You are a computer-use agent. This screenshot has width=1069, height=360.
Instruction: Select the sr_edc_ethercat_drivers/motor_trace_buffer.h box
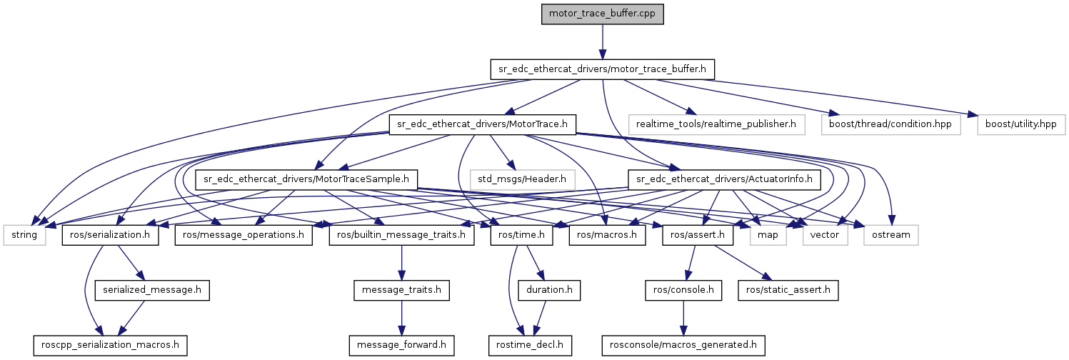(x=602, y=69)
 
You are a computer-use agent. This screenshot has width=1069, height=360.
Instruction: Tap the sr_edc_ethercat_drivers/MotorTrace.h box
(x=482, y=124)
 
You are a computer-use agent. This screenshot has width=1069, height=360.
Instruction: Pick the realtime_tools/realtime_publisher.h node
(x=717, y=124)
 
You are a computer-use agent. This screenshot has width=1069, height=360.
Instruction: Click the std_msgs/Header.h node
(x=523, y=179)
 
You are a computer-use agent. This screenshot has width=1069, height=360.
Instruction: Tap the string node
(x=25, y=234)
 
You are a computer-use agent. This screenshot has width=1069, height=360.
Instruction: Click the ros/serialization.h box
(x=111, y=234)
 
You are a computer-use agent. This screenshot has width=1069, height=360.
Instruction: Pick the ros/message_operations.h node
(x=242, y=234)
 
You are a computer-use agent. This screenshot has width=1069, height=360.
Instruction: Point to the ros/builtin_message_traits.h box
(x=401, y=234)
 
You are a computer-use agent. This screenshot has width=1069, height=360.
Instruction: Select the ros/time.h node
(x=522, y=234)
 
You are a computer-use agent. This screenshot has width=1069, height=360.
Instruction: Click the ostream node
(x=891, y=234)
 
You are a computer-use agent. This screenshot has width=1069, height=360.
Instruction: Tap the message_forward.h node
(x=402, y=345)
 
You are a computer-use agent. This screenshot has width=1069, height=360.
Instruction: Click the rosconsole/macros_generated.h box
(x=683, y=345)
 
